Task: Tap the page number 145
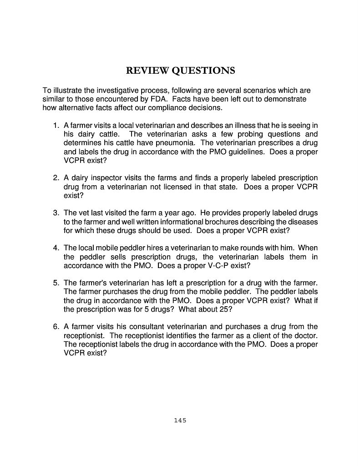coord(180,420)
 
